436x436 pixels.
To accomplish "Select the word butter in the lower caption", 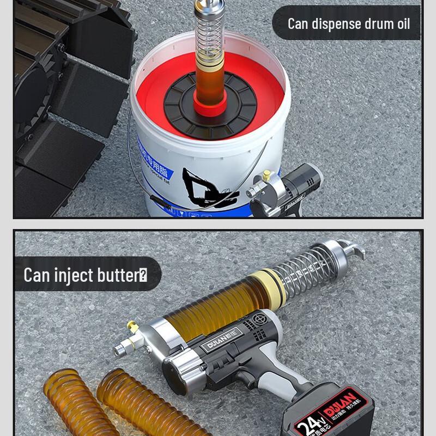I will click(x=117, y=275).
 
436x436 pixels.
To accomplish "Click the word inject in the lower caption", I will click(x=74, y=275).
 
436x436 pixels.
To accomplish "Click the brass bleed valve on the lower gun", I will click(x=132, y=328).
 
